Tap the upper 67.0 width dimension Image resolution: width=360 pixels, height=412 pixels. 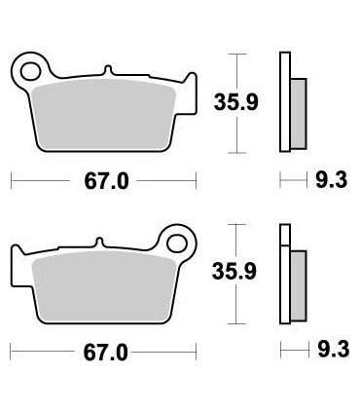pyautogui.click(x=105, y=181)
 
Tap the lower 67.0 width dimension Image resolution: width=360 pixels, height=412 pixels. pyautogui.click(x=105, y=352)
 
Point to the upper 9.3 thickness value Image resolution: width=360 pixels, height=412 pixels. pyautogui.click(x=327, y=180)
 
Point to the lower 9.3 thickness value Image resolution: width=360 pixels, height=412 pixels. pyautogui.click(x=327, y=352)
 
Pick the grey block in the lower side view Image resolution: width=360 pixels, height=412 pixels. pyautogui.click(x=298, y=284)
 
